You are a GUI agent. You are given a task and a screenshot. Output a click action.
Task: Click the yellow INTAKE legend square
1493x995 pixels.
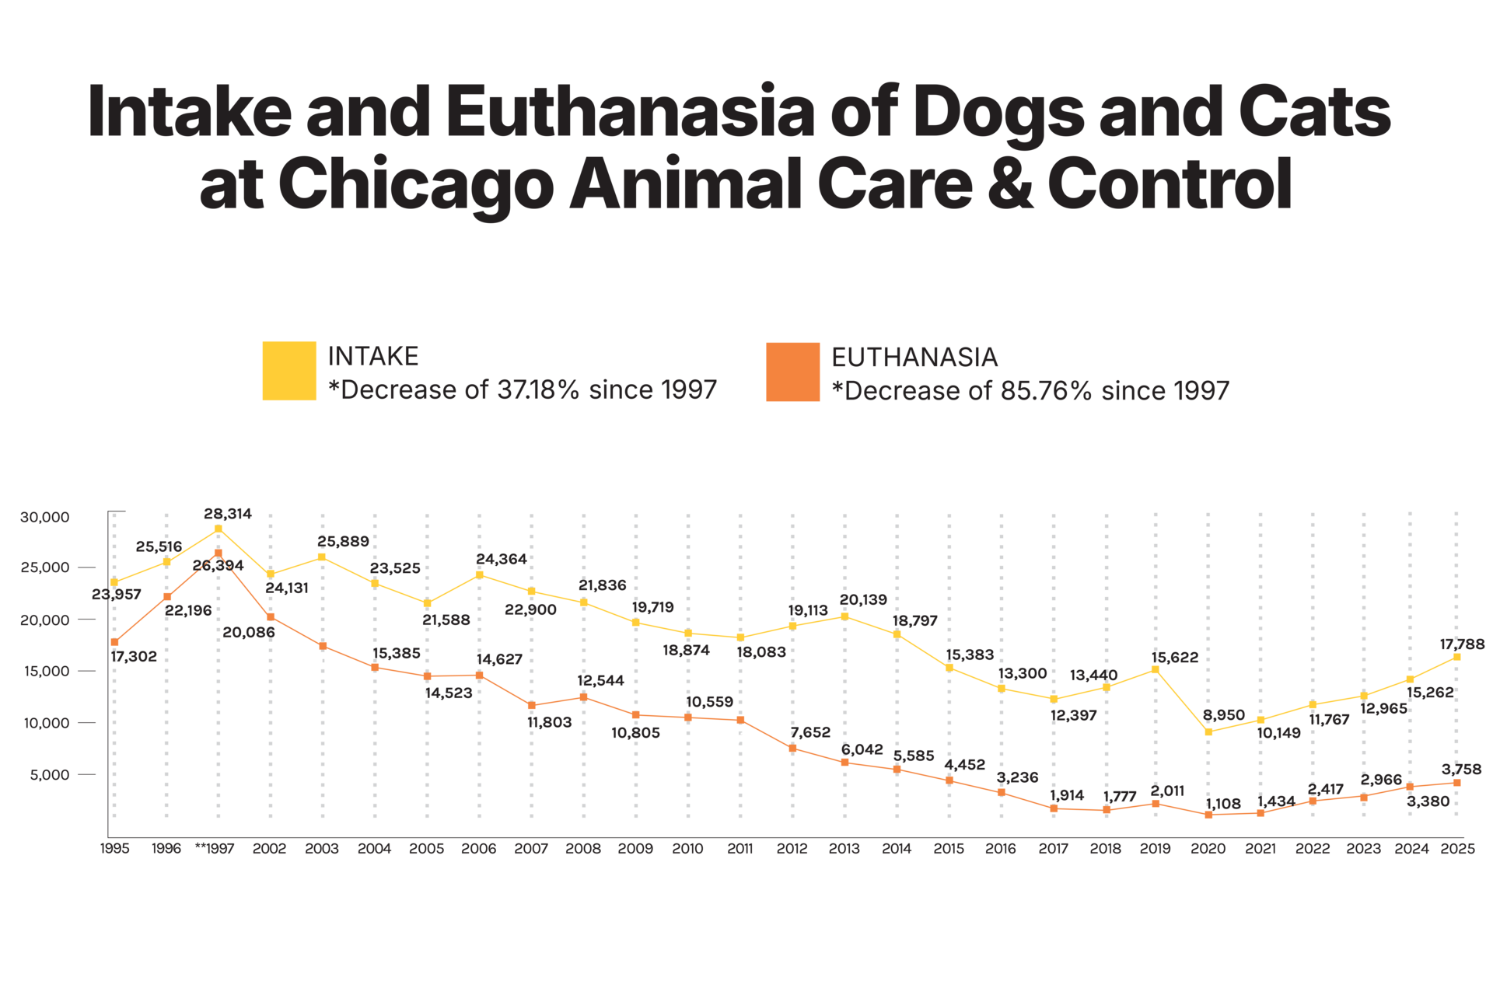pos(289,372)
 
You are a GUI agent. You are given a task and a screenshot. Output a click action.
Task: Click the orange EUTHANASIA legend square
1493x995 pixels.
pos(792,372)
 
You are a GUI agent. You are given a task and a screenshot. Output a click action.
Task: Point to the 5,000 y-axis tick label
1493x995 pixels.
pos(51,774)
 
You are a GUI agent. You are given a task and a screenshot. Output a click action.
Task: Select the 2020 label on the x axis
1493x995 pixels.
pos(1208,849)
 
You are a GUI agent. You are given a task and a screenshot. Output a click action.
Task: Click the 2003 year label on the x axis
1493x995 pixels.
pos(322,849)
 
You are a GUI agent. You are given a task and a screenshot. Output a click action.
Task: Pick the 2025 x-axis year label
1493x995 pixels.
pos(1457,849)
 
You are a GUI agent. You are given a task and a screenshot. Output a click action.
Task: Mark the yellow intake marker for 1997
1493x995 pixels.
pos(219,529)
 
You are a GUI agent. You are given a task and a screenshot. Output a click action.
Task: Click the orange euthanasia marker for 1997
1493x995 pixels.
pos(219,553)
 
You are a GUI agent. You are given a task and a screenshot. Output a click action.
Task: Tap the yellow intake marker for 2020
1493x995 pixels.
pos(1208,731)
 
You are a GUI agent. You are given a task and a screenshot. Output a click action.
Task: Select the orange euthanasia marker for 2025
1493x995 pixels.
pos(1457,783)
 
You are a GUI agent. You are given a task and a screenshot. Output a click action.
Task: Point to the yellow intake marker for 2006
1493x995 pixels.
pos(479,574)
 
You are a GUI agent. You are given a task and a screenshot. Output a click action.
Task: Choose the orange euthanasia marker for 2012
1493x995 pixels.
pos(792,749)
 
